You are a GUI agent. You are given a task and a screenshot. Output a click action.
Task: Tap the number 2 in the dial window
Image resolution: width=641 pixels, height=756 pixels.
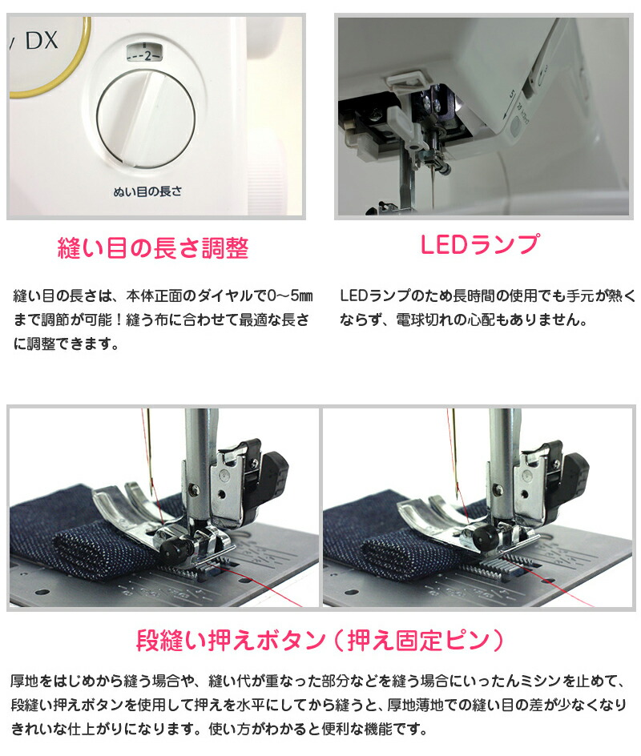[x=148, y=56]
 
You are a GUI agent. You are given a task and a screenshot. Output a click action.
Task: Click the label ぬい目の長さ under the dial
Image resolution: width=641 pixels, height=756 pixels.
[x=147, y=192]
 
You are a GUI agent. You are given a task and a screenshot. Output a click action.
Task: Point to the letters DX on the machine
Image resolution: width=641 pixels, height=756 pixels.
[x=42, y=40]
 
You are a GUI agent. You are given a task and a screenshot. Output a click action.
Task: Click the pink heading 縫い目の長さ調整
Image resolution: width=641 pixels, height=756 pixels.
[x=153, y=248]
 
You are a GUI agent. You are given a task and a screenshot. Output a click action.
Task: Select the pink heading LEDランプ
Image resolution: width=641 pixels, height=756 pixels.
[x=479, y=244]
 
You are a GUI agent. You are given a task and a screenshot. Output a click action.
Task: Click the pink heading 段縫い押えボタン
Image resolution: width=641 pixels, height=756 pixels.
[x=231, y=641]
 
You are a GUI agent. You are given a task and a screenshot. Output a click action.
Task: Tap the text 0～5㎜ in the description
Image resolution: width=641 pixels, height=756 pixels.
[x=290, y=296]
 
